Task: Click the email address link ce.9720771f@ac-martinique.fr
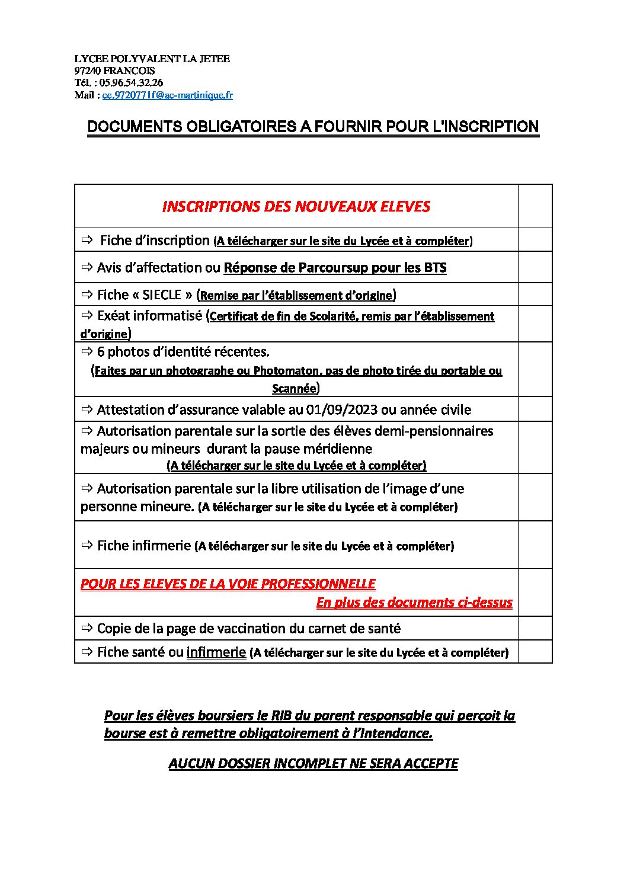pyautogui.click(x=167, y=95)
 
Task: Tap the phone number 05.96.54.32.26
pyautogui.click(x=131, y=83)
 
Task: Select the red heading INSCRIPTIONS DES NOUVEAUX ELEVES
pyautogui.click(x=296, y=206)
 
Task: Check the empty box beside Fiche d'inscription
pyautogui.click(x=535, y=240)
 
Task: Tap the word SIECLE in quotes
pyautogui.click(x=162, y=295)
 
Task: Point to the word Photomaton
pyautogui.click(x=287, y=371)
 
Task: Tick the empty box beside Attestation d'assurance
pyautogui.click(x=535, y=409)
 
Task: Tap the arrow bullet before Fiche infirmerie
pyautogui.click(x=87, y=545)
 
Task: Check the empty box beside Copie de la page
pyautogui.click(x=535, y=628)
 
